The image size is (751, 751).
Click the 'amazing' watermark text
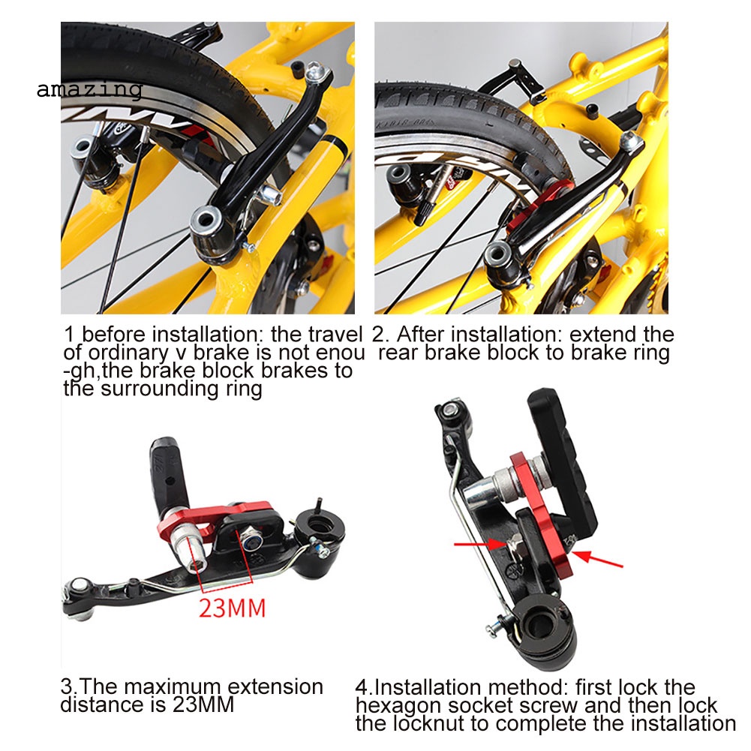click(89, 90)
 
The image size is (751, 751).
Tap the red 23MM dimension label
click(233, 608)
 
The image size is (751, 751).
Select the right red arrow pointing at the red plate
click(597, 560)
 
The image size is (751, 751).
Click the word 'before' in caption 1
click(113, 335)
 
